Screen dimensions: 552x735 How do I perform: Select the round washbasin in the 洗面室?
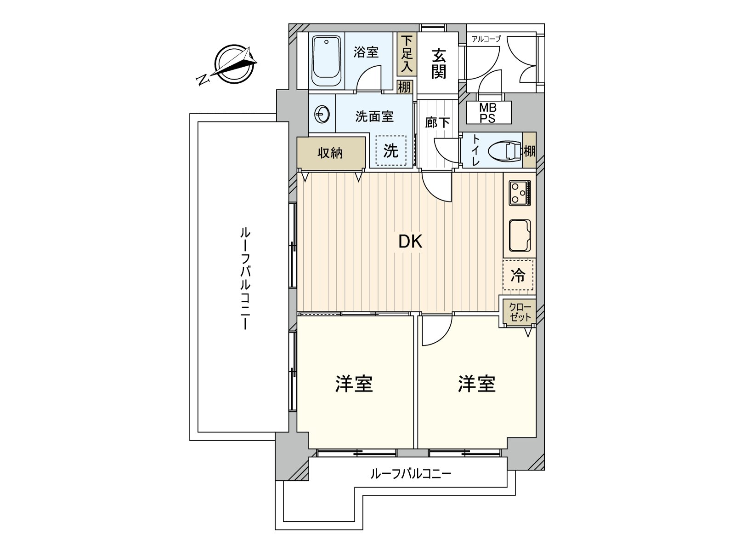(x=322, y=114)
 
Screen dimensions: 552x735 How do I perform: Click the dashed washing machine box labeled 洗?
(x=391, y=150)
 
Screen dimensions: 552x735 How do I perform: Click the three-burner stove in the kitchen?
(x=520, y=193)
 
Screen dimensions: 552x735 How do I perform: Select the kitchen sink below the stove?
(x=520, y=236)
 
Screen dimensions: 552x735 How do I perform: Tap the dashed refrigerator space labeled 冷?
(x=518, y=275)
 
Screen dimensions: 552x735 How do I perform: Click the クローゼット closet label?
(x=520, y=312)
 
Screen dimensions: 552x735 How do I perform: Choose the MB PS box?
(x=488, y=113)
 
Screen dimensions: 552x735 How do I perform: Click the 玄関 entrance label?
(x=438, y=63)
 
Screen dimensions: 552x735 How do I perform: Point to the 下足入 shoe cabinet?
(x=407, y=54)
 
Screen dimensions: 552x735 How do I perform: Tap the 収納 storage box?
(x=331, y=153)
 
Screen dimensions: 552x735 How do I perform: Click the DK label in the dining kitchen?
(x=410, y=241)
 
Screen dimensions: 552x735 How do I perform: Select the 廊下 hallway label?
(x=437, y=123)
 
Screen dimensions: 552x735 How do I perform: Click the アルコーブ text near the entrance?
(x=486, y=39)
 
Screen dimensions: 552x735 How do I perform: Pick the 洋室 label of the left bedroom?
(x=354, y=384)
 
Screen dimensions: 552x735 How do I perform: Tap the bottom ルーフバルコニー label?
(x=411, y=473)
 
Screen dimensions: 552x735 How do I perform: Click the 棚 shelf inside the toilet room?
(x=529, y=150)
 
